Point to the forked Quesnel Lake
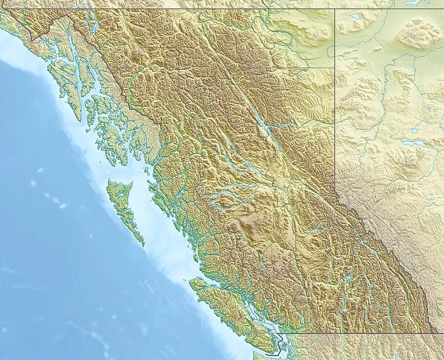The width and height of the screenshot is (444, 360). (x=319, y=228)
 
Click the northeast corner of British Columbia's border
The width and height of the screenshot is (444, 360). (x=334, y=9)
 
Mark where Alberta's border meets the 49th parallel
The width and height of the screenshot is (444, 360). (x=435, y=332)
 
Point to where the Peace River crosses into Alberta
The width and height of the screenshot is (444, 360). (x=334, y=123)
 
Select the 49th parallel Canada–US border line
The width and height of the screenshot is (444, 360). (x=361, y=332)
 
